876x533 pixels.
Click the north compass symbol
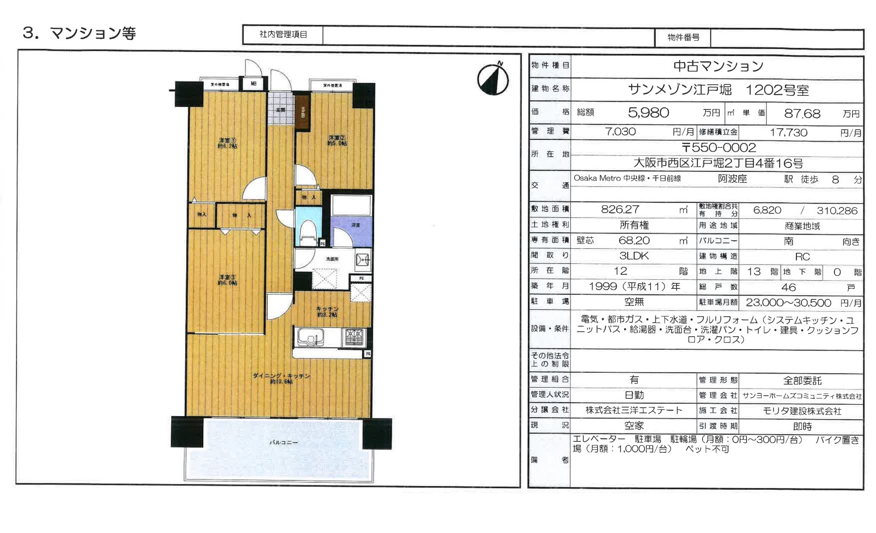[493, 80]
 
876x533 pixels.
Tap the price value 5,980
[648, 112]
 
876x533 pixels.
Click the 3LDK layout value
[634, 256]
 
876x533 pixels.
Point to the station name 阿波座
[732, 179]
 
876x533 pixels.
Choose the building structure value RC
[802, 257]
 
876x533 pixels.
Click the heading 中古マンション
[718, 66]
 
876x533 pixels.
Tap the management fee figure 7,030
[620, 132]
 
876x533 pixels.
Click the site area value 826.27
[620, 209]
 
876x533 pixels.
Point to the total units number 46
[788, 287]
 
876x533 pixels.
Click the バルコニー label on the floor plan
[283, 443]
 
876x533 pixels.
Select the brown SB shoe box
[303, 112]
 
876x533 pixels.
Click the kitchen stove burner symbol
[354, 337]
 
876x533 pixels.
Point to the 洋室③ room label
[228, 280]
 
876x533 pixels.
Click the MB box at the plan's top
[254, 84]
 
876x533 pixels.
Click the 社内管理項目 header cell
[283, 35]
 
